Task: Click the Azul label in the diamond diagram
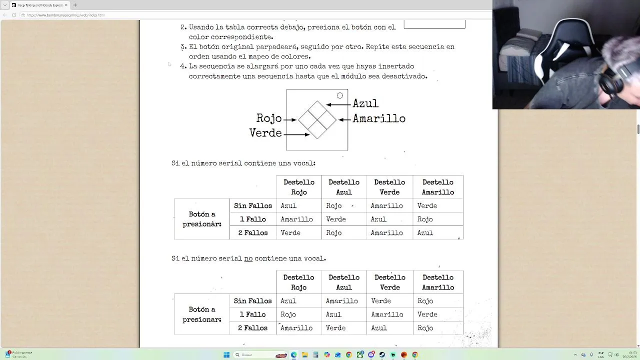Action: (x=365, y=103)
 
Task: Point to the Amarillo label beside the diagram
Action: (x=379, y=119)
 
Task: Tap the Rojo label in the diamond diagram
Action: (x=269, y=118)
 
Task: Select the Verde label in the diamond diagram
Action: (x=265, y=133)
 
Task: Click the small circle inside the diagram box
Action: (x=340, y=95)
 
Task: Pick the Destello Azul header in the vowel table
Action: (x=344, y=187)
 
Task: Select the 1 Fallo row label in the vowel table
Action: (x=252, y=219)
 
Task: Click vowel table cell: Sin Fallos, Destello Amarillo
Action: (x=427, y=205)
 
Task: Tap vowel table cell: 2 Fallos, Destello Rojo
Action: (x=290, y=232)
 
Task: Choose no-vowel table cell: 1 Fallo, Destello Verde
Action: (x=387, y=314)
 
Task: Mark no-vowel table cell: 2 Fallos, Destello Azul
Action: (x=335, y=328)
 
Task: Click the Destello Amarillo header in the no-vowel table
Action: (x=438, y=282)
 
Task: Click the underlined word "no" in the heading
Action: (x=248, y=258)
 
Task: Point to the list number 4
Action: (x=183, y=66)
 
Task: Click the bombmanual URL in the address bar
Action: (x=66, y=15)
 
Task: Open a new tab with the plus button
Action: (x=75, y=5)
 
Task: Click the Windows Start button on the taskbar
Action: (x=226, y=355)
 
